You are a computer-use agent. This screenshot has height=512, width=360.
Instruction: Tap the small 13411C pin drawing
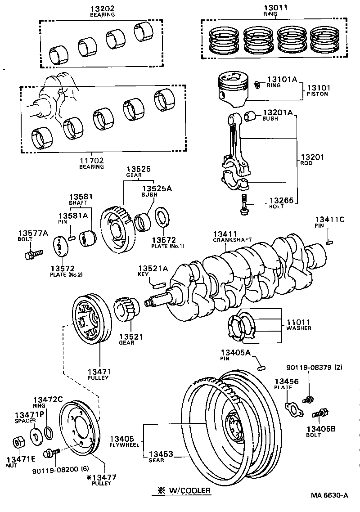point(329,243)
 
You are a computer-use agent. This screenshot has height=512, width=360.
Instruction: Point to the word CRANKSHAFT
point(232,240)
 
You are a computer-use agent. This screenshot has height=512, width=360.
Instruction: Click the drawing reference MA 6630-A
point(329,495)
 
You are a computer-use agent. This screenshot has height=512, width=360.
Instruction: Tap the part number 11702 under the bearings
point(91,160)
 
